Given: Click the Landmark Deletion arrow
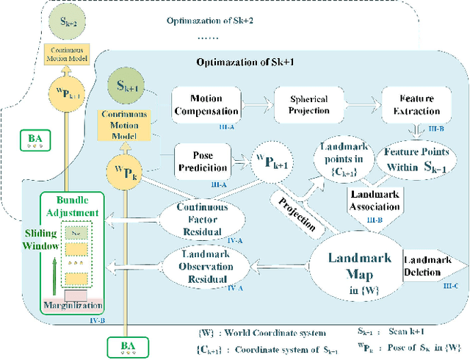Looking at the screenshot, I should coord(433,264).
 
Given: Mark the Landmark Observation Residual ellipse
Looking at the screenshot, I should coord(204,264).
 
